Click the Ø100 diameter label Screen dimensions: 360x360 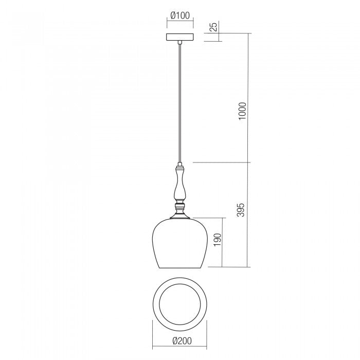(180, 15)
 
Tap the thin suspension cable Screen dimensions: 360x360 (179, 103)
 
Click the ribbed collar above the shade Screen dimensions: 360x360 (179, 209)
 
